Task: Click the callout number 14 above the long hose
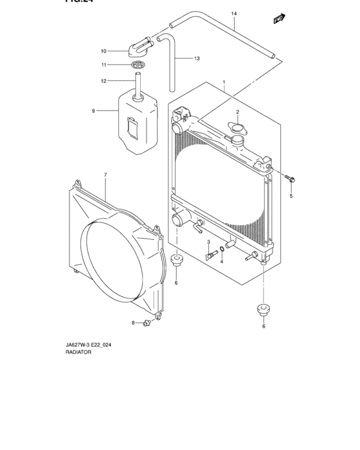[x=233, y=14]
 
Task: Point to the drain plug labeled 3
[x=209, y=256]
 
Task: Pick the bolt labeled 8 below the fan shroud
[x=148, y=323]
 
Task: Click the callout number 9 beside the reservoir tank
[x=93, y=111]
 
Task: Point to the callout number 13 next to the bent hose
[x=196, y=59]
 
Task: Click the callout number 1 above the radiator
[x=224, y=82]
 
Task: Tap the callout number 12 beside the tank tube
[x=103, y=80]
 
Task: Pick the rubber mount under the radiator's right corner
[x=262, y=309]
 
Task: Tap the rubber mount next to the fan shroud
[x=176, y=261]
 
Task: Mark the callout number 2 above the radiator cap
[x=237, y=112]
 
